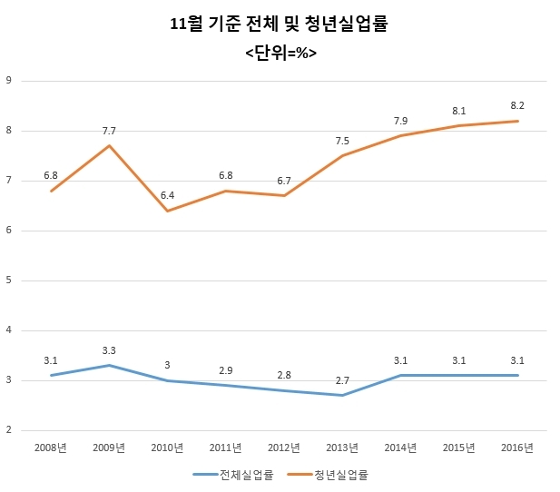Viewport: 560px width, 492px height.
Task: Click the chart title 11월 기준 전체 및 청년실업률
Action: coord(279,25)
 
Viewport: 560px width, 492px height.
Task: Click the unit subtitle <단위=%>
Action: coord(281,54)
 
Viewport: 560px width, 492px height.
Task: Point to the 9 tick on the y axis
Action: coord(8,81)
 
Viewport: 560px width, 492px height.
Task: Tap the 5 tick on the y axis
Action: coord(8,280)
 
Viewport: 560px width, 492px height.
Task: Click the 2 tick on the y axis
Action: coord(8,430)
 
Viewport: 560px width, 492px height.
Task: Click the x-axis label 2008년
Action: coord(50,448)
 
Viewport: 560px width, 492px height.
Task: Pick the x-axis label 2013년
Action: coord(342,448)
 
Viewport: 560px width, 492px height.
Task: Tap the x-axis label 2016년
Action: coord(517,448)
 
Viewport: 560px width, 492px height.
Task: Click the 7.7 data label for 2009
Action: coord(109,131)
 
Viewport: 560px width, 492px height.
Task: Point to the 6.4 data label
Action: coord(167,195)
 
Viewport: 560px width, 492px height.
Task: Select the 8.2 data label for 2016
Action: coord(517,106)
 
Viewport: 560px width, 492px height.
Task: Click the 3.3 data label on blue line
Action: coord(109,351)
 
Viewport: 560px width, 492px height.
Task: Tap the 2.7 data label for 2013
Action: coord(342,381)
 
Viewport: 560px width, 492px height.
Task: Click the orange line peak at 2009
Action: coord(109,146)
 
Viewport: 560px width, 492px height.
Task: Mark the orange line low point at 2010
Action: coord(167,211)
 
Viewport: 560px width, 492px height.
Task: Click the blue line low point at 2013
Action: coord(342,395)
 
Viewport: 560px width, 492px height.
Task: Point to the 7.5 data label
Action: coord(342,141)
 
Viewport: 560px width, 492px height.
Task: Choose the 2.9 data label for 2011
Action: coord(226,370)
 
